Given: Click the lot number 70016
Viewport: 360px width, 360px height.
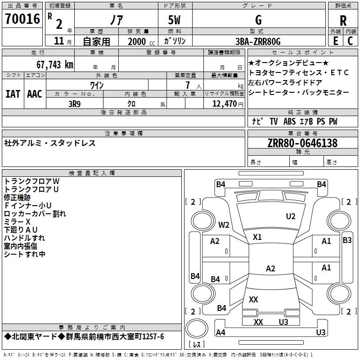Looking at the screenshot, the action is point(22,19).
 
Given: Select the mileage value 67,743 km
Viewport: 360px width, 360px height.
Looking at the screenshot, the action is point(55,65).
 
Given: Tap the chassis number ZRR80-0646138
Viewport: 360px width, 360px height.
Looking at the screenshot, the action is point(302,143).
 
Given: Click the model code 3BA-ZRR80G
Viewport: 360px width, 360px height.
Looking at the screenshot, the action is point(258,41).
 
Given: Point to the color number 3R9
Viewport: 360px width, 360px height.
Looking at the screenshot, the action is point(75,104).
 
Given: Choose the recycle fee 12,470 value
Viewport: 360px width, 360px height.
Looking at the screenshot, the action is point(225,104).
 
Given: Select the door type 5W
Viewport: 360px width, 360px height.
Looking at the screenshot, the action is point(174,20).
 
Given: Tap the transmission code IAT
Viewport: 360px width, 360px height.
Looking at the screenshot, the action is point(13,94).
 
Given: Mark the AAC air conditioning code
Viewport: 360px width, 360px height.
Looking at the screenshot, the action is point(35,94).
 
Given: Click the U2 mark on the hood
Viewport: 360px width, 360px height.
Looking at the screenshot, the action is point(291,216).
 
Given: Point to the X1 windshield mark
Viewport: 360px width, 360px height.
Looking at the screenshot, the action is point(257,237).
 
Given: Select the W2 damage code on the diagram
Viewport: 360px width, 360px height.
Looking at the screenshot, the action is point(224,225).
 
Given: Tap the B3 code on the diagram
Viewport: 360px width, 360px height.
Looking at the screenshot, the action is point(347,240).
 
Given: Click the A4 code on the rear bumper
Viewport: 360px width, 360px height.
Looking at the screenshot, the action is point(220,332).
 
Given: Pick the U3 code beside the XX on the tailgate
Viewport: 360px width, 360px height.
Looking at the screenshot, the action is point(283,322).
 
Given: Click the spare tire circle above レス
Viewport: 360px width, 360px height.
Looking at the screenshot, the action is point(197,329).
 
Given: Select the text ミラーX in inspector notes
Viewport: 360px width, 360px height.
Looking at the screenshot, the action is point(17,222).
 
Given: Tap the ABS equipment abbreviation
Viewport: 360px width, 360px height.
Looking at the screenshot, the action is point(289,121).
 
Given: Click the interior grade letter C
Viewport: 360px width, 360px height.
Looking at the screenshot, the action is point(350,41).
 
